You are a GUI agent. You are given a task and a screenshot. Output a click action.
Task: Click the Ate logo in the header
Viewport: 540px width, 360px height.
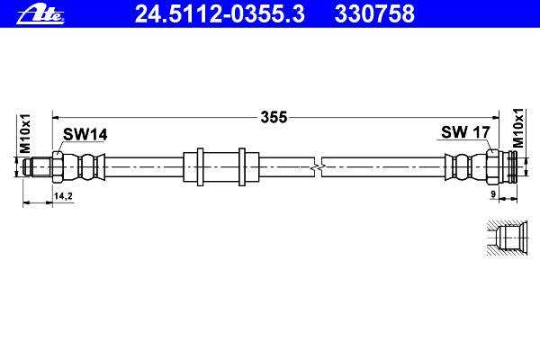[x=40, y=15]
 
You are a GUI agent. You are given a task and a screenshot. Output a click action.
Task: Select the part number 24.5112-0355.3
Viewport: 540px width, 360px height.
[x=220, y=13]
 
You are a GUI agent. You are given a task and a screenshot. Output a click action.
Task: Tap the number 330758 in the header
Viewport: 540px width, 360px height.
[x=374, y=13]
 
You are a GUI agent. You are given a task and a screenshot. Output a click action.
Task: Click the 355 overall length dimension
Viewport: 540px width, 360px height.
[x=274, y=117]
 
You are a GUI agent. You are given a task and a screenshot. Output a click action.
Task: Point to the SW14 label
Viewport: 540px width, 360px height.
[x=85, y=134]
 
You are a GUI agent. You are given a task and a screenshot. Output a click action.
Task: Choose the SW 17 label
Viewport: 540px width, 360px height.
[x=465, y=132]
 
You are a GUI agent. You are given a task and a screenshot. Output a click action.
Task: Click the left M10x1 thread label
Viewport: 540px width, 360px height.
[x=25, y=134]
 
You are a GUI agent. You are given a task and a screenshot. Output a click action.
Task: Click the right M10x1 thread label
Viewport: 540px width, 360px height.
[x=518, y=128]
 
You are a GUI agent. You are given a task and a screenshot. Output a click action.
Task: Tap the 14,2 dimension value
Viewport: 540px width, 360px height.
[x=63, y=196]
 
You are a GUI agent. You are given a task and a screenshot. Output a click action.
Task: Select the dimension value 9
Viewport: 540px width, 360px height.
[x=493, y=194]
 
